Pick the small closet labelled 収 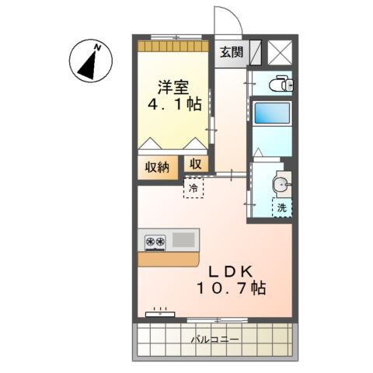[194, 166]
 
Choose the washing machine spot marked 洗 [282, 207]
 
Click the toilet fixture [278, 84]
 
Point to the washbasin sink [281, 184]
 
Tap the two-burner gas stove [154, 242]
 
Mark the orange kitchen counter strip [168, 259]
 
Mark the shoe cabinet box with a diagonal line [255, 51]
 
